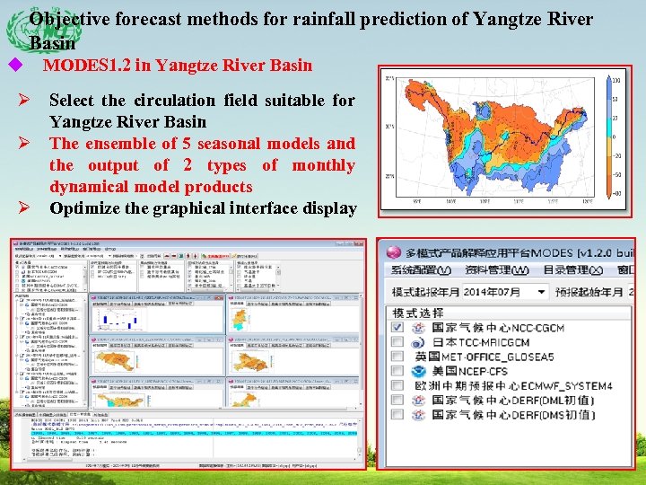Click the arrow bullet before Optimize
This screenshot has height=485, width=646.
(x=26, y=208)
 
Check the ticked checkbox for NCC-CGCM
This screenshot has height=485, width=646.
(x=397, y=329)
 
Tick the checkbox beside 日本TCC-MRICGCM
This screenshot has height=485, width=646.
(x=397, y=343)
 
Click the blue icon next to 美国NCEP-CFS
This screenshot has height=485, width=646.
(x=418, y=371)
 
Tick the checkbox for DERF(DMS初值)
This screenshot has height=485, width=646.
(x=397, y=414)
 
